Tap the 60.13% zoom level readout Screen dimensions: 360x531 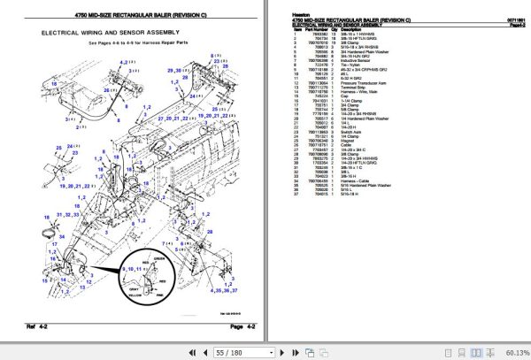513,352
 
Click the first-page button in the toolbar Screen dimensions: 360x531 193,352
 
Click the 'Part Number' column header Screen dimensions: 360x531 316,29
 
